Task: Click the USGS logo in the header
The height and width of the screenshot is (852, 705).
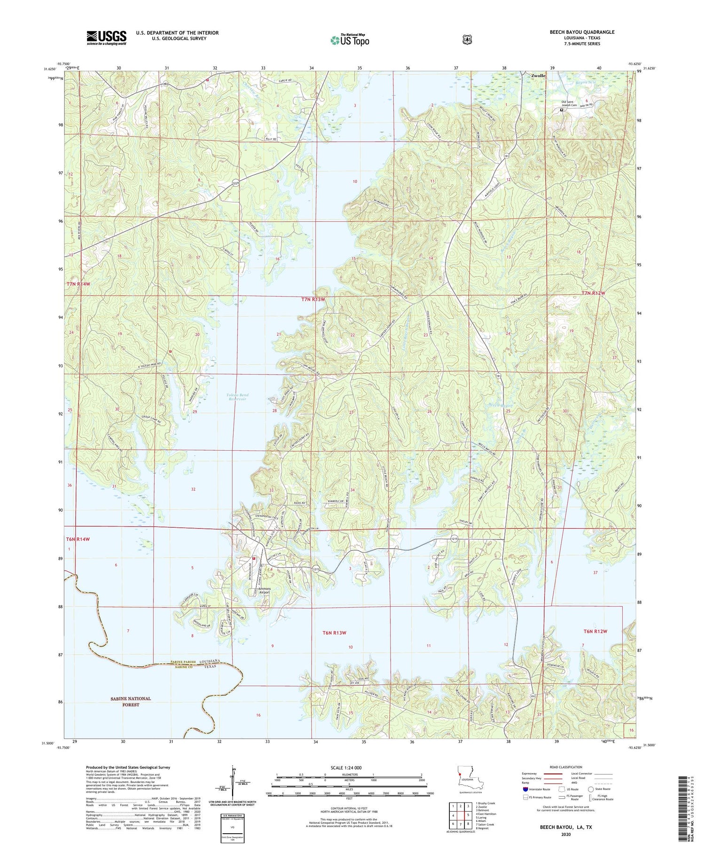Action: coord(106,38)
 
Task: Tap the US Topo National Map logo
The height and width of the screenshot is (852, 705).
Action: coord(350,40)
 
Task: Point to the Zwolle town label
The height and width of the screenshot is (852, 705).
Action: coord(538,76)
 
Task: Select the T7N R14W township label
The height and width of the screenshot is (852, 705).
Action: coord(78,284)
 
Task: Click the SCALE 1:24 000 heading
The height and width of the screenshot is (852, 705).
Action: coord(349,767)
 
